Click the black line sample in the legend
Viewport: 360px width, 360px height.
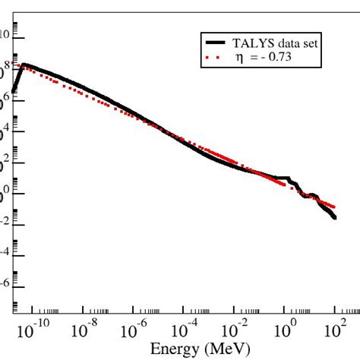216,43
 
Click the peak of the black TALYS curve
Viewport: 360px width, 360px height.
24,65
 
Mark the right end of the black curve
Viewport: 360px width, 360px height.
335,218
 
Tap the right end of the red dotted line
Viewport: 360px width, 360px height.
334,206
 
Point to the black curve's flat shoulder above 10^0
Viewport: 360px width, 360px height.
282,178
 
